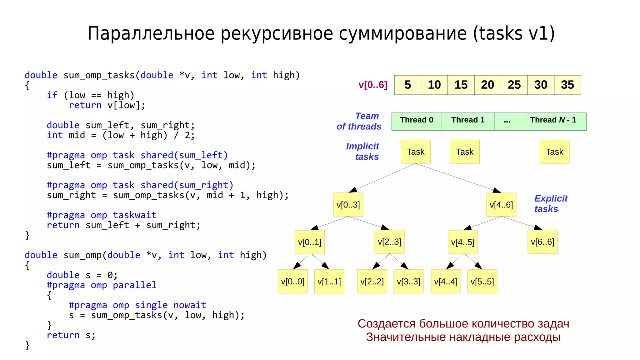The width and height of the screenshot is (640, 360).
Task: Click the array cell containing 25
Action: [x=514, y=85]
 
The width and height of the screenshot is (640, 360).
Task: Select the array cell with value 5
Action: [x=407, y=85]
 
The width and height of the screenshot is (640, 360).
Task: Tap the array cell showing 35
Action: [x=567, y=85]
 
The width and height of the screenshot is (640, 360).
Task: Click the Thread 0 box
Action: [x=417, y=121]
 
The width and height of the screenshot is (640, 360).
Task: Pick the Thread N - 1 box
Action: [x=553, y=121]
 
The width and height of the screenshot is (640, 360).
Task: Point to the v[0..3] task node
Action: [x=348, y=205]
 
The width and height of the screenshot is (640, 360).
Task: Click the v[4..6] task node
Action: [x=501, y=205]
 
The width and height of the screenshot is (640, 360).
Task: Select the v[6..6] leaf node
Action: [x=542, y=242]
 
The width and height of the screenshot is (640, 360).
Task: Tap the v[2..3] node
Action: [x=389, y=242]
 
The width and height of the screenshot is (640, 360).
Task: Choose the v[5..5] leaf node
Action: [x=482, y=282]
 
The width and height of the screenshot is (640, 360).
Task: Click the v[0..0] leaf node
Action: [x=292, y=282]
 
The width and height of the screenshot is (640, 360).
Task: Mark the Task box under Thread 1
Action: [x=465, y=152]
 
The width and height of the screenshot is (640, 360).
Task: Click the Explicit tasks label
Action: [x=551, y=203]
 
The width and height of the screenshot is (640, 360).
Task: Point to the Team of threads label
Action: [x=359, y=121]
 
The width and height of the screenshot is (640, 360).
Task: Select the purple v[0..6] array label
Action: [x=373, y=85]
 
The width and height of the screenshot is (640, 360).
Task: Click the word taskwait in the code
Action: [x=134, y=215]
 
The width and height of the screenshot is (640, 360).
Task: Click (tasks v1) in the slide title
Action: [x=514, y=33]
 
